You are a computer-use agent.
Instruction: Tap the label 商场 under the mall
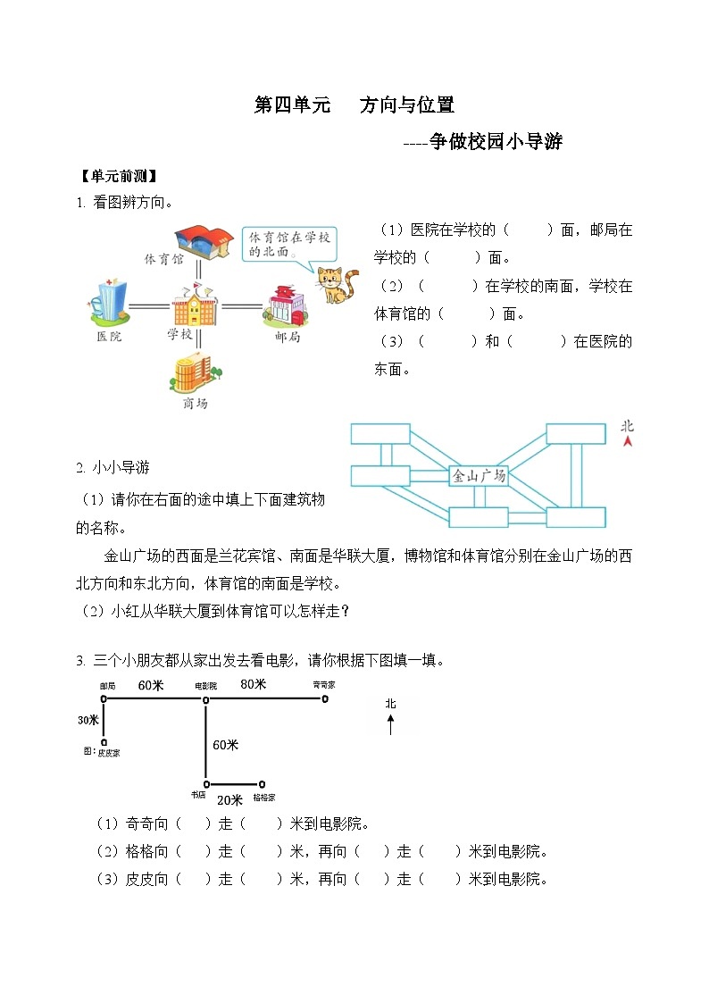pyautogui.click(x=195, y=404)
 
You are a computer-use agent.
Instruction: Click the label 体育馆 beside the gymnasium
pyautogui.click(x=163, y=259)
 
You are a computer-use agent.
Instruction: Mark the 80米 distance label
pyautogui.click(x=254, y=684)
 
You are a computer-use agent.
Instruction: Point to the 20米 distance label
pyautogui.click(x=229, y=799)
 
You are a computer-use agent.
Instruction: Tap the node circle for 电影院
pyautogui.click(x=206, y=701)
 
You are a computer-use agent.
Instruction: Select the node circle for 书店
pyautogui.click(x=206, y=783)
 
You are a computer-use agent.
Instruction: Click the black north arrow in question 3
pyautogui.click(x=390, y=724)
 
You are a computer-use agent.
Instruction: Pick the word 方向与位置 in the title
pyautogui.click(x=407, y=105)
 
